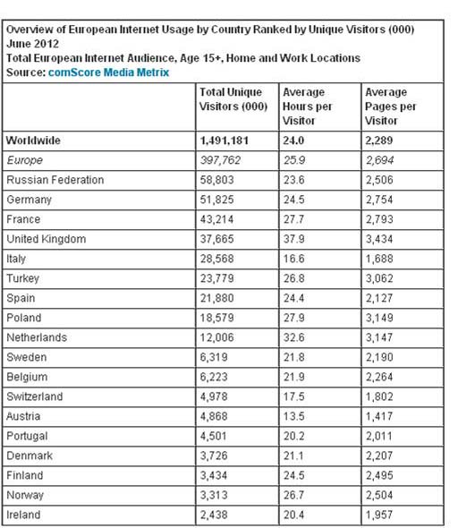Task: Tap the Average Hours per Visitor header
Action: click(307, 106)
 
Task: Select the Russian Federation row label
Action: click(55, 180)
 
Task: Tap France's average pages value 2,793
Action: click(381, 219)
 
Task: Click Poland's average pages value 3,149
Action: click(381, 318)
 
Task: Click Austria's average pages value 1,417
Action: click(381, 416)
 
